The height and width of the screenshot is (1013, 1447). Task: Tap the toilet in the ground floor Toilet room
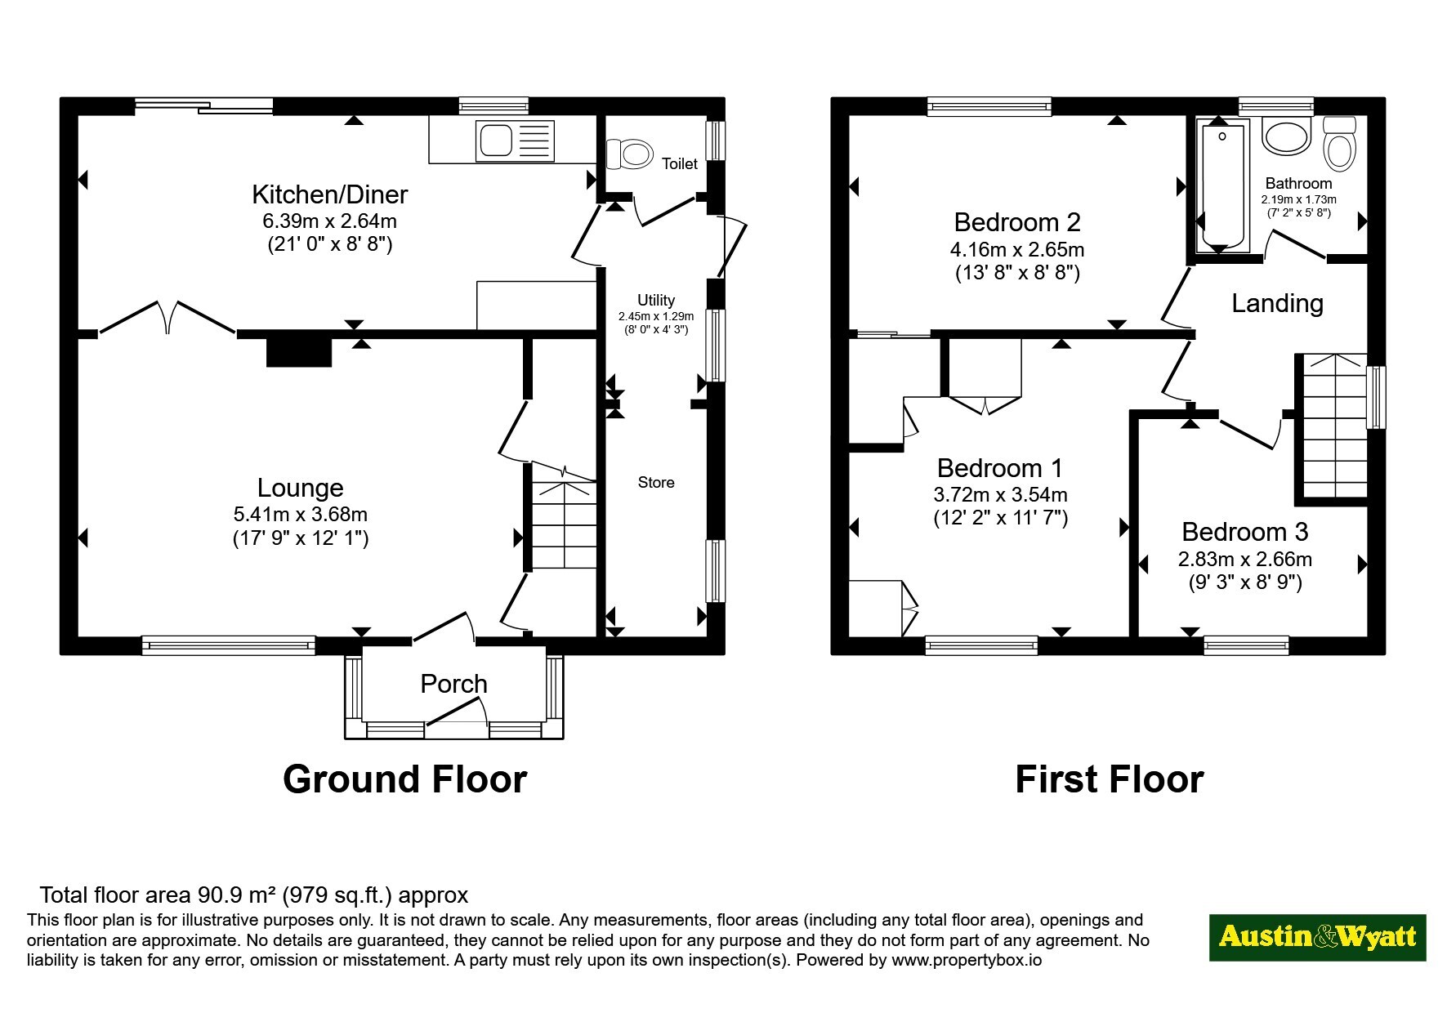tap(629, 154)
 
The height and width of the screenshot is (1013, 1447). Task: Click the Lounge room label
tap(300, 488)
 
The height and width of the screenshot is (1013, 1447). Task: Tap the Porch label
tap(453, 684)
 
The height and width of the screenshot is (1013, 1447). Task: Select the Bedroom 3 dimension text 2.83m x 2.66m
tap(1244, 560)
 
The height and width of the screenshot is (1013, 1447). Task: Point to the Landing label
tap(1277, 304)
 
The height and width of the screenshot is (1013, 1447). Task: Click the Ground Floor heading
tap(404, 779)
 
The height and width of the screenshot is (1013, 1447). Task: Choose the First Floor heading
tap(1109, 779)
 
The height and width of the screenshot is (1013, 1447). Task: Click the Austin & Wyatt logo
tap(1317, 937)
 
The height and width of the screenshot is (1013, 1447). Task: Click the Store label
tap(656, 483)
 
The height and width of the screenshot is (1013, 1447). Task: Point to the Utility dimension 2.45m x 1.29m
tap(656, 316)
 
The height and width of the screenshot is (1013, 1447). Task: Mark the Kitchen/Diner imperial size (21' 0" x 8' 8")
tap(330, 244)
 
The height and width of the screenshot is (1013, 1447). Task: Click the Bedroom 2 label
tap(1017, 222)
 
